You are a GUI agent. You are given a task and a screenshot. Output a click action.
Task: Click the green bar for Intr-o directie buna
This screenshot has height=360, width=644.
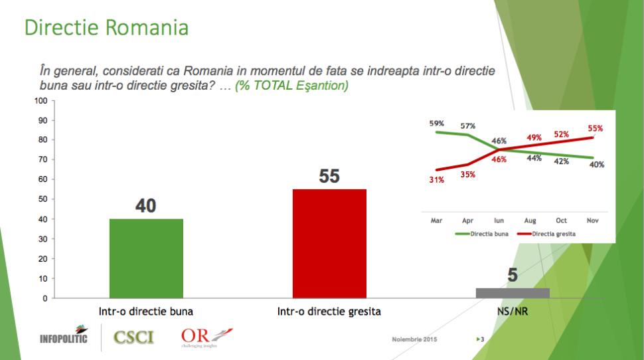tap(146, 258)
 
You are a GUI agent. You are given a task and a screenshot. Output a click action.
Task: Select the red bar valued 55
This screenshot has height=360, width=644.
tap(329, 244)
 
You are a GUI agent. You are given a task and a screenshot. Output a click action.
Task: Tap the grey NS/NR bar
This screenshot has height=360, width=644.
tap(513, 293)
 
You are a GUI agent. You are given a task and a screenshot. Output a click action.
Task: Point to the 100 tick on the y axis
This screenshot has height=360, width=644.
tap(41, 101)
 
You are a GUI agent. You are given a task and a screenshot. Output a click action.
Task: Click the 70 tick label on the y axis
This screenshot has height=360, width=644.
tap(42, 159)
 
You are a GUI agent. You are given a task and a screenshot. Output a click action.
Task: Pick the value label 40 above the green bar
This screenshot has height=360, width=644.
tap(146, 205)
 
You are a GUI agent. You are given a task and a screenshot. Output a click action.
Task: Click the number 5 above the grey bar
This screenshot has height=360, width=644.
tap(513, 275)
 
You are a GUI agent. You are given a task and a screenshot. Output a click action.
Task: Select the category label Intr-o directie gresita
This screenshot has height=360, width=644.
tap(329, 312)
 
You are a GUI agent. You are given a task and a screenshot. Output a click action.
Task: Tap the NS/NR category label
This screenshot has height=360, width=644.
tap(513, 312)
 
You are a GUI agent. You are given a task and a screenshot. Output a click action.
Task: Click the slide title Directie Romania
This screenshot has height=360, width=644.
tap(106, 27)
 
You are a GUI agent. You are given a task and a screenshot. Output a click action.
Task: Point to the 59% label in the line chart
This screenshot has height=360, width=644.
tap(437, 124)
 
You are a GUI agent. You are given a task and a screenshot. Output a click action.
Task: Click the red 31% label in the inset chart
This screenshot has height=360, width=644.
tap(437, 179)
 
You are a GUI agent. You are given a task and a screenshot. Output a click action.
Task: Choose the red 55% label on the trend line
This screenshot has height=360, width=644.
tap(595, 128)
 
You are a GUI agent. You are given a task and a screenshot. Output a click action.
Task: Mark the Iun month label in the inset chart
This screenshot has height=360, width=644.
tap(499, 221)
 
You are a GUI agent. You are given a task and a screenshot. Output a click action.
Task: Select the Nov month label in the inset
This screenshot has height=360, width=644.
tap(592, 221)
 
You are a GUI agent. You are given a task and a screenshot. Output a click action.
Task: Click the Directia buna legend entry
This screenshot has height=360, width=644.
tap(482, 234)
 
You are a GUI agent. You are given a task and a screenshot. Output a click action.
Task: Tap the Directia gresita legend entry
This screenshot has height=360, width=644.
tap(546, 234)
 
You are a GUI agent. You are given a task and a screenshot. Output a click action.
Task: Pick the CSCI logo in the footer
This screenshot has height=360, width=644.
tap(133, 337)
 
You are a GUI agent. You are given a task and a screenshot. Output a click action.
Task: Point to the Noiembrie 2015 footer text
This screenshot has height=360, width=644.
tap(414, 339)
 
